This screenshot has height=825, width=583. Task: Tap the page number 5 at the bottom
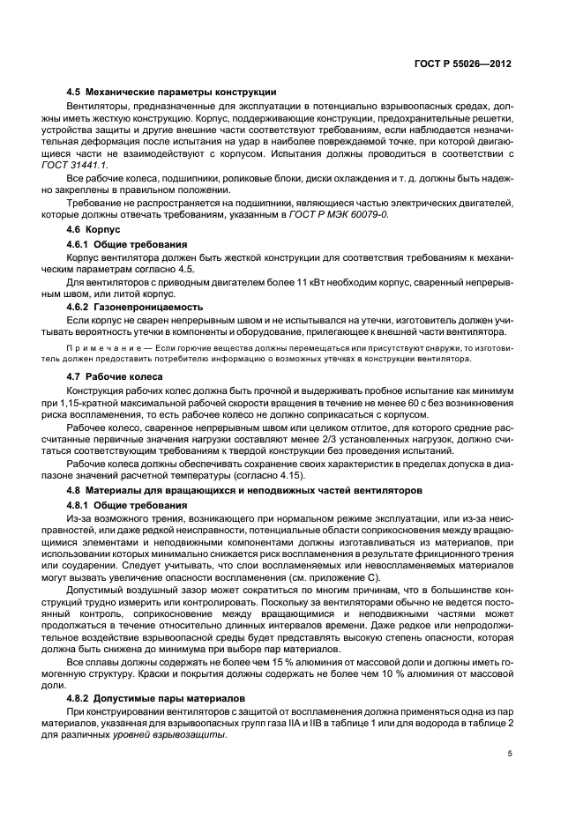510,754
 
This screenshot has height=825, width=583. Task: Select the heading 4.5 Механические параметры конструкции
172,92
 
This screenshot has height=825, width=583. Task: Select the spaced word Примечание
105,349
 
